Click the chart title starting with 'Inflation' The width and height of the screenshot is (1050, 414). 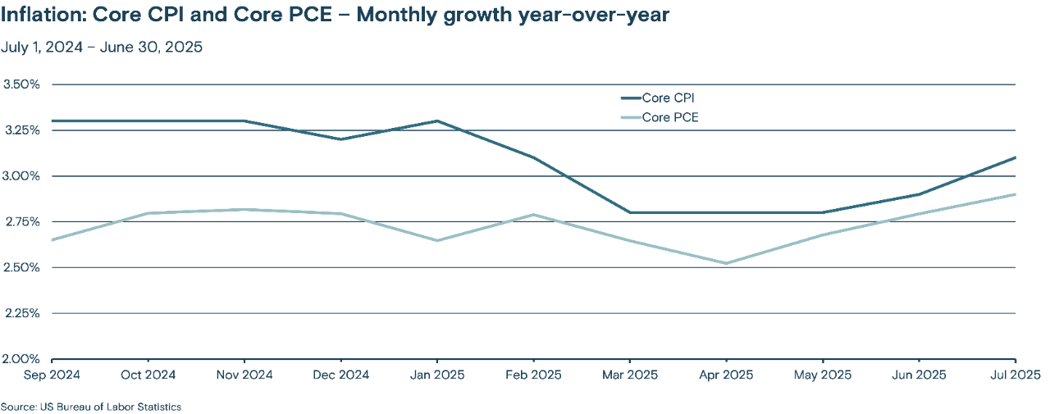(336, 16)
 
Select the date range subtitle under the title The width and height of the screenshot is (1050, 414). (102, 47)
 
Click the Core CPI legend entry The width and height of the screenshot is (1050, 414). (668, 98)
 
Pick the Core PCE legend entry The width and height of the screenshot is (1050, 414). (669, 117)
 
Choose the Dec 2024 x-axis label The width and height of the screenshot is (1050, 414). (341, 375)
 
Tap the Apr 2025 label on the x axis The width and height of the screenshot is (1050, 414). (726, 375)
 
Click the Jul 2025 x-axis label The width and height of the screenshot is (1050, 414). (1014, 375)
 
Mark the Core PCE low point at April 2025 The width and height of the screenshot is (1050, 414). (726, 263)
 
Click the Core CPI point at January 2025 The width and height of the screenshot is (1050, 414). (437, 121)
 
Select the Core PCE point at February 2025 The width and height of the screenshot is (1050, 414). (534, 215)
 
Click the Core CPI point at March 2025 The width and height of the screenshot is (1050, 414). (630, 212)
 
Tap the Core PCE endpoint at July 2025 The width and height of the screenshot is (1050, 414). (1016, 194)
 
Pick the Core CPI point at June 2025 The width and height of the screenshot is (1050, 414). (919, 194)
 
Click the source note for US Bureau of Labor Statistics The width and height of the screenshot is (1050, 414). (91, 407)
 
